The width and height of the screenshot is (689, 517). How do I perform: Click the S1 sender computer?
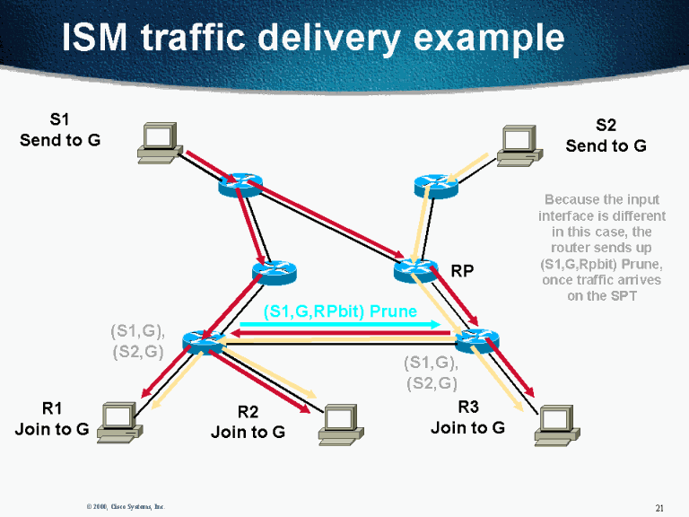click(x=158, y=143)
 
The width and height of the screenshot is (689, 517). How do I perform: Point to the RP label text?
click(x=462, y=270)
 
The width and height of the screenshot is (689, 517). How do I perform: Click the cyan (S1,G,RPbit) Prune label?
click(x=340, y=311)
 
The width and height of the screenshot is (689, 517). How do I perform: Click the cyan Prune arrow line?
click(x=339, y=324)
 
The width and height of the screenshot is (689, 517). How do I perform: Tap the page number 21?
click(x=659, y=508)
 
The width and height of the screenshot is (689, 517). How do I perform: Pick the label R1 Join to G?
click(x=52, y=418)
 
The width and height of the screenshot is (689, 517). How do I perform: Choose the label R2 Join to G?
click(x=248, y=422)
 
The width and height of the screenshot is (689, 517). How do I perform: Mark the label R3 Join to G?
click(x=467, y=418)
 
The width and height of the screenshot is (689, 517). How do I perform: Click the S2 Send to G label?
click(x=606, y=136)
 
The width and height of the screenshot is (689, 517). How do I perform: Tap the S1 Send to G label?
click(x=60, y=130)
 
